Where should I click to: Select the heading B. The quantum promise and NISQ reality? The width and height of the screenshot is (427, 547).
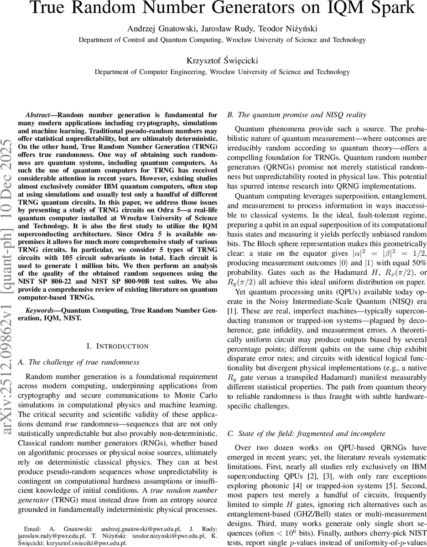[297, 114]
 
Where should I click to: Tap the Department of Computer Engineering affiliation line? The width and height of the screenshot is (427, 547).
[222, 72]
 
